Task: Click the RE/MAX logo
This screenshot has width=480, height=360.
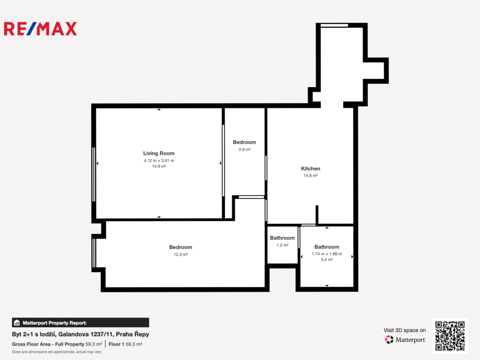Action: coord(40,29)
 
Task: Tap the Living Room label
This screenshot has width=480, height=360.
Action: coord(159,153)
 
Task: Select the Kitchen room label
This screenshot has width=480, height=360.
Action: coord(310,169)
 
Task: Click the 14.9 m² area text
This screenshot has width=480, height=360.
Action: coord(159,166)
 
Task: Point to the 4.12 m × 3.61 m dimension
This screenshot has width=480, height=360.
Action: coord(159,160)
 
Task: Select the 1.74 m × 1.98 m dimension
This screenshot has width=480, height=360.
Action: coord(327,254)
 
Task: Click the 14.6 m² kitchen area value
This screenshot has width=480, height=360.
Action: coord(310,176)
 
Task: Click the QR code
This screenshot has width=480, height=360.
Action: coord(450,336)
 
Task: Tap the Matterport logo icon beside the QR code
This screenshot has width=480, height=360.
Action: coord(389,339)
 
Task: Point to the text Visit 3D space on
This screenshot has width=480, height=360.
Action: coord(405,330)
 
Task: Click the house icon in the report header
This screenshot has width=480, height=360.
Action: coord(17,322)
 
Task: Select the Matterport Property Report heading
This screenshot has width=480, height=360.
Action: coord(54,323)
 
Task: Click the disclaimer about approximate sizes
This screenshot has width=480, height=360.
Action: coord(57,352)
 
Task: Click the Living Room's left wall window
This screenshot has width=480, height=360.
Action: coord(94,174)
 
